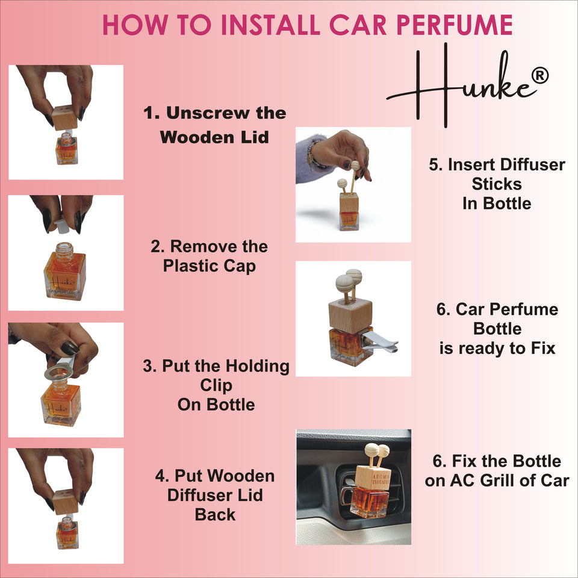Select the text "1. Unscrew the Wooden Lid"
coord(214,125)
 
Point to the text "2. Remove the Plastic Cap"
coord(209,255)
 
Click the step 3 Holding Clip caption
coord(216,385)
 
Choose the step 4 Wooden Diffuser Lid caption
coord(215,495)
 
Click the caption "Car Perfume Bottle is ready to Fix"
coord(497,329)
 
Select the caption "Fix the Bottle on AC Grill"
coord(497,471)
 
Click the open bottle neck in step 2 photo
coord(64,248)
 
